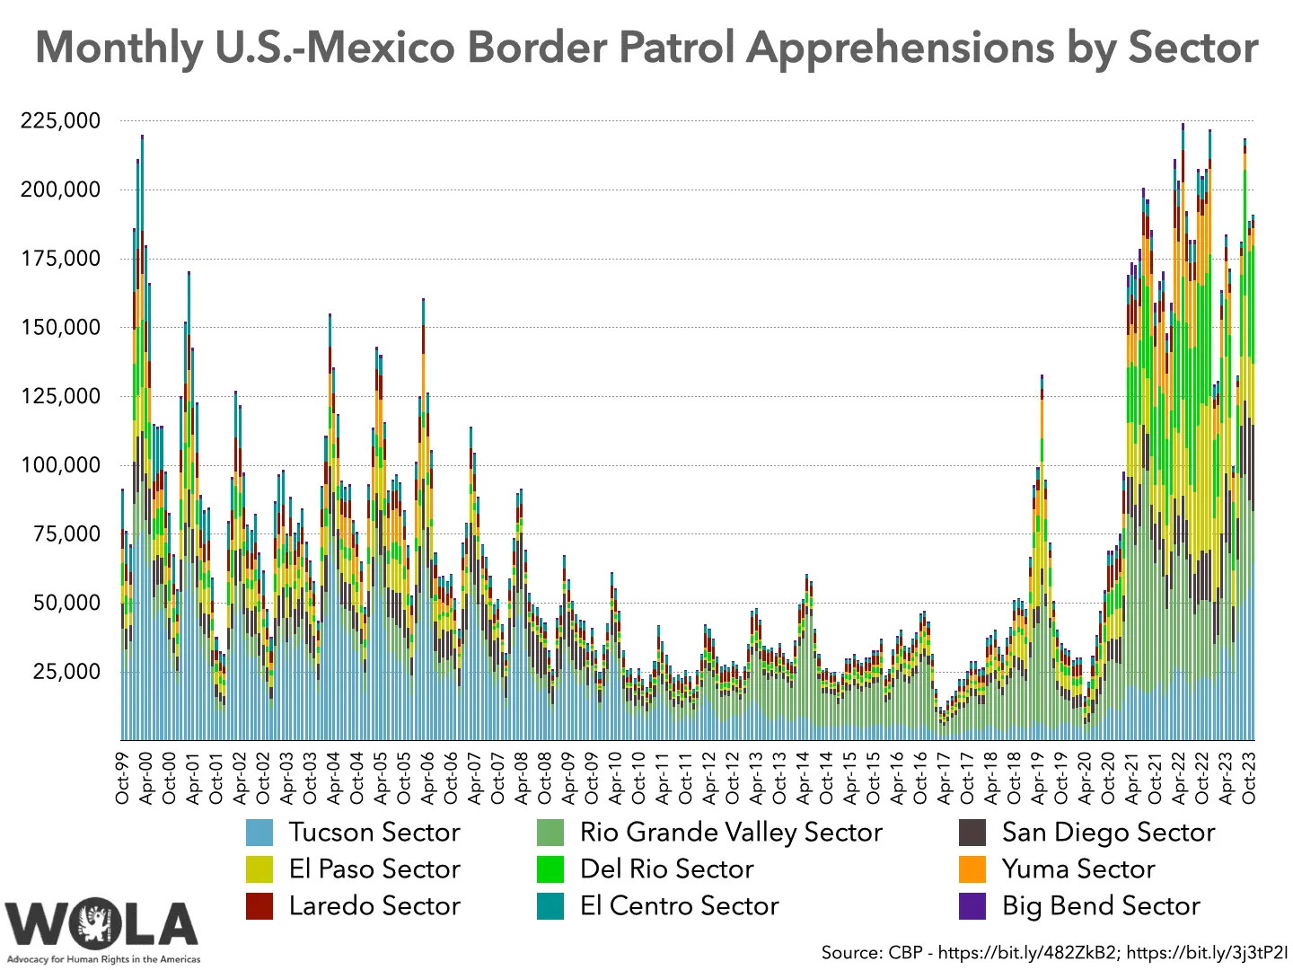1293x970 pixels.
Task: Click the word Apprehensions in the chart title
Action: (x=900, y=47)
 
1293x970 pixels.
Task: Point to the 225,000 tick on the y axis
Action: (x=61, y=120)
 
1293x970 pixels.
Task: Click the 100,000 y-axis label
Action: (x=61, y=464)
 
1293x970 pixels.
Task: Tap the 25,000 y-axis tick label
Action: (x=66, y=671)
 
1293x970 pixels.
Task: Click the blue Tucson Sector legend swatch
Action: (x=259, y=833)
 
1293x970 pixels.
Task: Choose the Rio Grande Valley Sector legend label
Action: (x=731, y=833)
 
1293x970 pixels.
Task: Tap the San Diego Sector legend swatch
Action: (x=972, y=833)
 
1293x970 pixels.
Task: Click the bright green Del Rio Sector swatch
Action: (x=550, y=869)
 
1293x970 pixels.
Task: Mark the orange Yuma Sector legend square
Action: (x=972, y=869)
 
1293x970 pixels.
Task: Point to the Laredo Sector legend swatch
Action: (x=259, y=906)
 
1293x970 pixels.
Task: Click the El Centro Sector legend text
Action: (x=680, y=906)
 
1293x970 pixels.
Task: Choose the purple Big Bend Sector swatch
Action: (x=972, y=906)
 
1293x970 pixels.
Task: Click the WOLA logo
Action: (x=102, y=925)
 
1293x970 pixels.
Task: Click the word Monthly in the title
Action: (x=119, y=47)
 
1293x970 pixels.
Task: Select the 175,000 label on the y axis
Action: (x=61, y=259)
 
